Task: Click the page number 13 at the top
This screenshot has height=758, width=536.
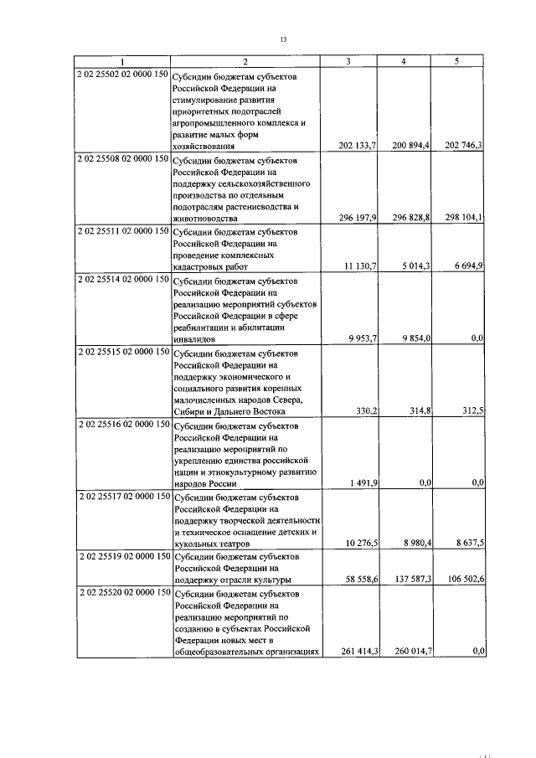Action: tap(283, 38)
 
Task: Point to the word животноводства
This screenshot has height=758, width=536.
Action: tap(207, 218)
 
